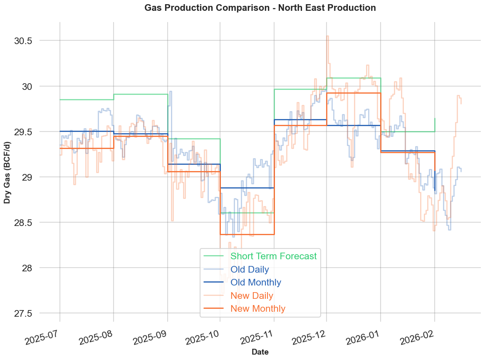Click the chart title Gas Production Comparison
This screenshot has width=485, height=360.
pyautogui.click(x=260, y=7)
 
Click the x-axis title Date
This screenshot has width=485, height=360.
pyautogui.click(x=260, y=352)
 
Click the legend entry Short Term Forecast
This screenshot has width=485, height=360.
pyautogui.click(x=273, y=256)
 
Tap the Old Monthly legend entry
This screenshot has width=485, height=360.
pyautogui.click(x=256, y=282)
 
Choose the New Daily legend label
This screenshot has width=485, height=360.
pyautogui.click(x=252, y=295)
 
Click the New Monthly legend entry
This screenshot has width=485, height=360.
pyautogui.click(x=258, y=308)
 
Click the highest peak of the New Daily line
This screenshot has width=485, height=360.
pyautogui.click(x=327, y=36)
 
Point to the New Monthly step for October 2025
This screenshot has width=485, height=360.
pyautogui.click(x=247, y=234)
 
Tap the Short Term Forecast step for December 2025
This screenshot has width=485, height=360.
pyautogui.click(x=354, y=78)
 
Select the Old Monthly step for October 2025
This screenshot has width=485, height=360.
pyautogui.click(x=247, y=188)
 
